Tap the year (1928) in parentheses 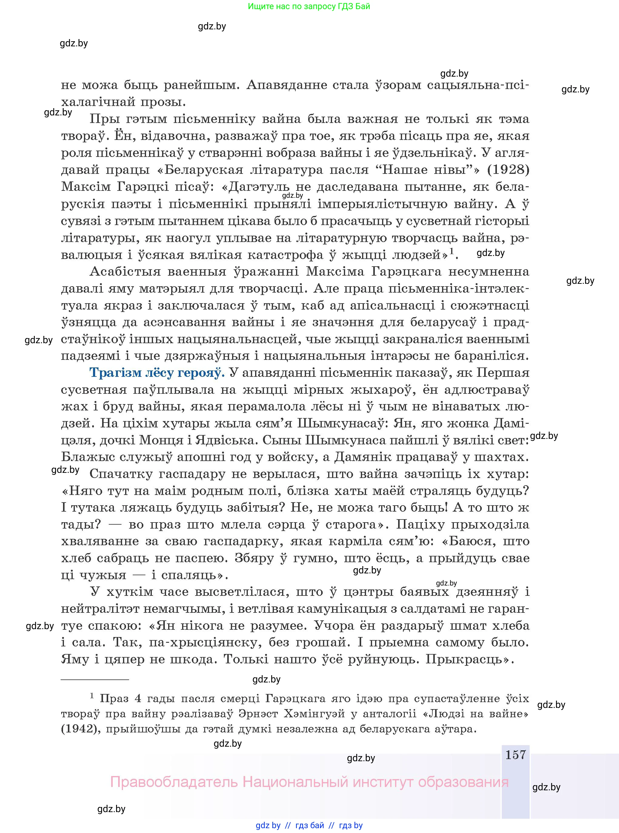tap(508, 170)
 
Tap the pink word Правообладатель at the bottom tap(174, 782)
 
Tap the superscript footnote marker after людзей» tap(452, 251)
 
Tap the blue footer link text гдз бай tap(310, 825)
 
